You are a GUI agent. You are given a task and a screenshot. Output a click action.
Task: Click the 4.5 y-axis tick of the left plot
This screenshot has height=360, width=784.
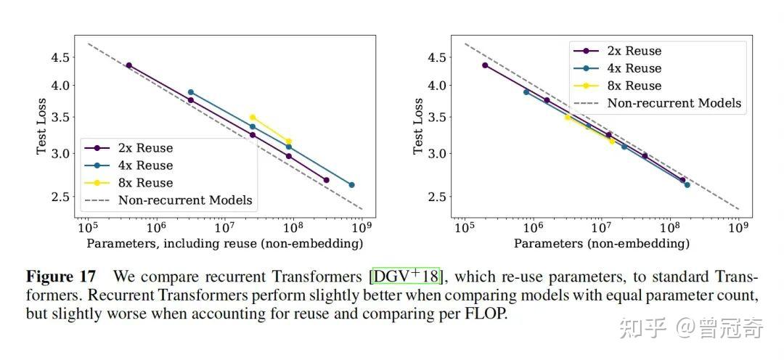click(x=61, y=57)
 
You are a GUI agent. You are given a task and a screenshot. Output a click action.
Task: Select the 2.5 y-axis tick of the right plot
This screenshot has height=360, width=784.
click(x=437, y=197)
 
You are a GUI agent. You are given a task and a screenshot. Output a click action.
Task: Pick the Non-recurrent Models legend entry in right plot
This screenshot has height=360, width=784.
click(x=674, y=103)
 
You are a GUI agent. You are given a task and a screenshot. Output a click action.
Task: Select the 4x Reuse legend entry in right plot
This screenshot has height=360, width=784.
click(x=634, y=68)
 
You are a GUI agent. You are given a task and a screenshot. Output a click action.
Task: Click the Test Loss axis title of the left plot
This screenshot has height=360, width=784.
click(x=41, y=126)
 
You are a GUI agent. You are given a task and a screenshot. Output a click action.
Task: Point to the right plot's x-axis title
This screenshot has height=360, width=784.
click(x=602, y=244)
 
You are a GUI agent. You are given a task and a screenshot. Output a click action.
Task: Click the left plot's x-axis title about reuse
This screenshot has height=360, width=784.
click(x=225, y=244)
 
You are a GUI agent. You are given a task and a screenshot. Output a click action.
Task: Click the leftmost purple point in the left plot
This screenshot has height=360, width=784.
click(x=128, y=65)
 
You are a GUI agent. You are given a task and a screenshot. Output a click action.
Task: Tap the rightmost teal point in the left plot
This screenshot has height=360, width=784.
click(x=351, y=185)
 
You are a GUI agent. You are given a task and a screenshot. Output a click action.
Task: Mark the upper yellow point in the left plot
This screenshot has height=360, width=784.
click(x=253, y=117)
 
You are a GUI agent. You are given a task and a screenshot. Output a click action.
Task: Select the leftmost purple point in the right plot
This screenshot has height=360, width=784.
click(x=485, y=65)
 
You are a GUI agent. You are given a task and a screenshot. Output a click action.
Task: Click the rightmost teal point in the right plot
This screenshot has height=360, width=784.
click(x=687, y=185)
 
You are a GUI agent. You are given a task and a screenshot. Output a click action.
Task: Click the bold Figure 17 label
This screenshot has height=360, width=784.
click(x=61, y=277)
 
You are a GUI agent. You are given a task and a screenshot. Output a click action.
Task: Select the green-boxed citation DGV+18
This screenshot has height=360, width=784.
click(x=405, y=277)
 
